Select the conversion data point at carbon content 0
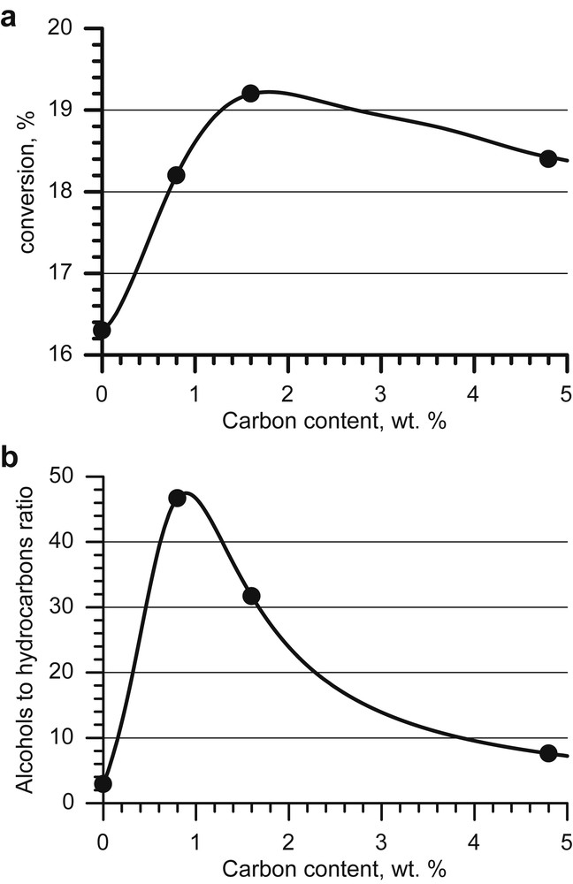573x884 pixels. pyautogui.click(x=103, y=330)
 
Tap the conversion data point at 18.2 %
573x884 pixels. pyautogui.click(x=176, y=175)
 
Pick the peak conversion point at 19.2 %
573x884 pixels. pyautogui.click(x=250, y=93)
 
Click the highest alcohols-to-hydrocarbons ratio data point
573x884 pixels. pyautogui.click(x=177, y=498)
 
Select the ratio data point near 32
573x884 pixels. pyautogui.click(x=251, y=596)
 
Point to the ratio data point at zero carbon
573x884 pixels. pyautogui.click(x=103, y=783)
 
